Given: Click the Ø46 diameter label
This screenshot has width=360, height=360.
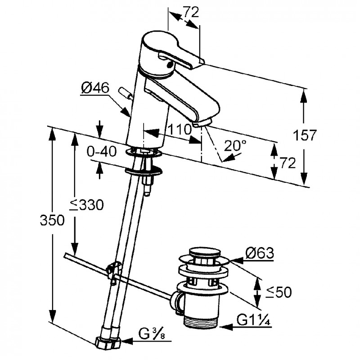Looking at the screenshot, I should coord(95,89).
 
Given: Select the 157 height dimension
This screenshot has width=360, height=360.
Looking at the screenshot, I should coord(306,135).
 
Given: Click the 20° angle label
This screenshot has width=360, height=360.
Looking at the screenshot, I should coord(236,145).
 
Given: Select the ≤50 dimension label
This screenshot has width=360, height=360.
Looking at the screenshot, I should coord(278,292).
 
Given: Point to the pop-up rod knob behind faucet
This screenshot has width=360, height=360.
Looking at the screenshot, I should coord(124,92).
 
